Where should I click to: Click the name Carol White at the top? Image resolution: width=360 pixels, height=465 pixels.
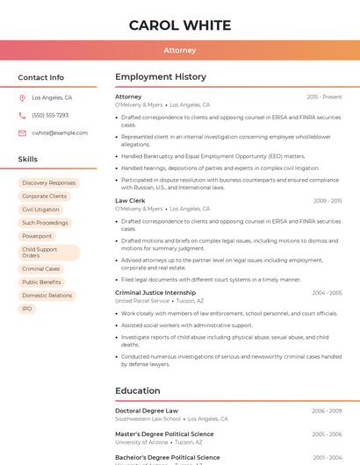click(x=180, y=25)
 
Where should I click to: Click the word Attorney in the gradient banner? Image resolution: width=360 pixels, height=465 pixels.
click(x=180, y=50)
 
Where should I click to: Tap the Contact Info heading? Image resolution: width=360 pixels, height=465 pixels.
click(x=41, y=77)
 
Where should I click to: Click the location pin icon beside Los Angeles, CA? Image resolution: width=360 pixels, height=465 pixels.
click(x=22, y=97)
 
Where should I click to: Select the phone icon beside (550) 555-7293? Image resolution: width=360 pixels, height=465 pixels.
click(x=22, y=115)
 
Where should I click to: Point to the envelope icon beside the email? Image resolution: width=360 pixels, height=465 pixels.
click(x=22, y=132)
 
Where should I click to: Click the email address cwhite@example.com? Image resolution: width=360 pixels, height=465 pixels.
click(x=60, y=132)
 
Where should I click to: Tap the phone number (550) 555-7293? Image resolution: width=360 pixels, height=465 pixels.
click(x=50, y=115)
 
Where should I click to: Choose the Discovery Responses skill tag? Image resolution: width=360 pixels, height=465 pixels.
click(x=49, y=183)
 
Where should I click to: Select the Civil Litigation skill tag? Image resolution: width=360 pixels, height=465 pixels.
click(x=41, y=210)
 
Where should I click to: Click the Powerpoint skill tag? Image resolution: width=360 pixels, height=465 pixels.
click(x=37, y=236)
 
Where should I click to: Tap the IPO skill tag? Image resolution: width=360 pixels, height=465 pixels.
click(x=27, y=309)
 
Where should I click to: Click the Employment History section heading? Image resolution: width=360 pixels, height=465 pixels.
click(x=161, y=77)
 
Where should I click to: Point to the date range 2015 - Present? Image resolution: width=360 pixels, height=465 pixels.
click(x=324, y=97)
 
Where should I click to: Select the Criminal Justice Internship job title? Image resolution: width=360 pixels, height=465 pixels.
click(x=155, y=292)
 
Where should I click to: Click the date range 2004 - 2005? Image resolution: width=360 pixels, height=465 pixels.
click(x=327, y=292)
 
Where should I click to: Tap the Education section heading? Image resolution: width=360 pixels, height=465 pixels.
click(x=138, y=390)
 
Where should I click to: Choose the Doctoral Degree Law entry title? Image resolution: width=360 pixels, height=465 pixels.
click(x=147, y=411)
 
